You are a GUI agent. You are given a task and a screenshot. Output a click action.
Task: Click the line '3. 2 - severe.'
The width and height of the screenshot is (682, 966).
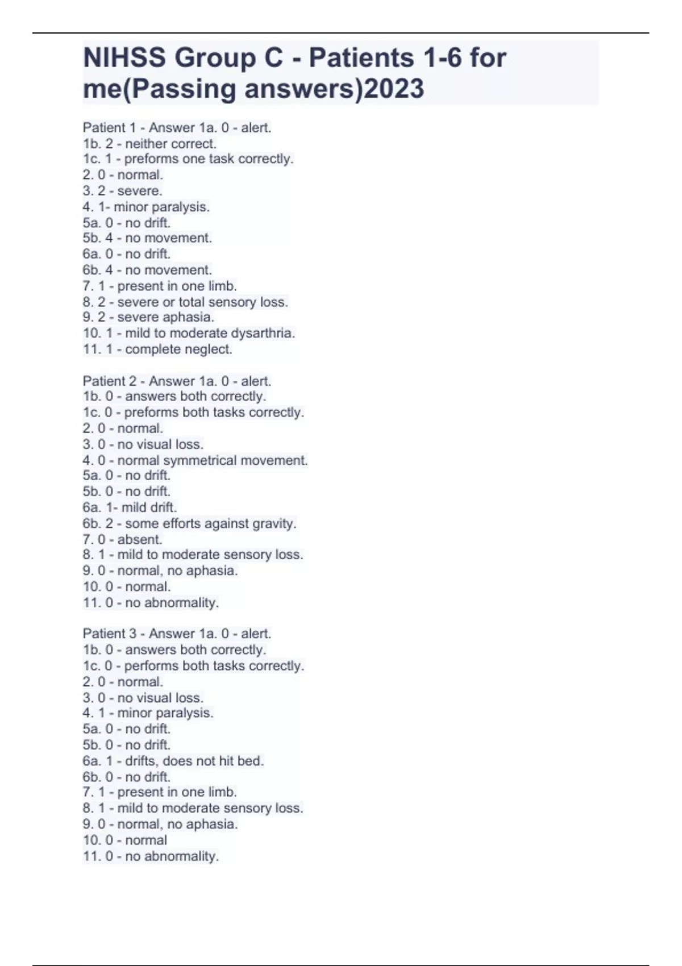coord(122,191)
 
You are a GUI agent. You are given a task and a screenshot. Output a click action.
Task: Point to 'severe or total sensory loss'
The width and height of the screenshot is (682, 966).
coord(185,302)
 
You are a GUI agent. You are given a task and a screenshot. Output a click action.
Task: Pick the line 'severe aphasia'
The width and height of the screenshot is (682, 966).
coord(148,317)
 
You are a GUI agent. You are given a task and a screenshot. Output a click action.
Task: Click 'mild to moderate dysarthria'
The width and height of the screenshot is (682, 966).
coord(189,333)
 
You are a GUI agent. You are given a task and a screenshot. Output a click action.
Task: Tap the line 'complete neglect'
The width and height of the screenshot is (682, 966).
coord(157,349)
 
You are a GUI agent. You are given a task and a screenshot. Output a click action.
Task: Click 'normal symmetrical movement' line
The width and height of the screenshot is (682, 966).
coord(195,460)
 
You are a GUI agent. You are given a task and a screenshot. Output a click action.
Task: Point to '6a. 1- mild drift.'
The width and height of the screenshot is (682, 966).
coord(130,507)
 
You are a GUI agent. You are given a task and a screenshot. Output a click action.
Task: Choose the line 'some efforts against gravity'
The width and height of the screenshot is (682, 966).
coord(189,523)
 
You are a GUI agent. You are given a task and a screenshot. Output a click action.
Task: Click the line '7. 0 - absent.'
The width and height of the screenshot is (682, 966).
coord(122,539)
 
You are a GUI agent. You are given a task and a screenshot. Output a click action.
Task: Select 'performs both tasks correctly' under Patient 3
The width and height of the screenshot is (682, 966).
coord(193,665)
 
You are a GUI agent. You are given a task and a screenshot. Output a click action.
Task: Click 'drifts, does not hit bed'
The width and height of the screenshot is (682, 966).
coord(173,761)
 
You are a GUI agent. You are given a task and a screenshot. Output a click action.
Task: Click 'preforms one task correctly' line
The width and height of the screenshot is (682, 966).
coord(188,159)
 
